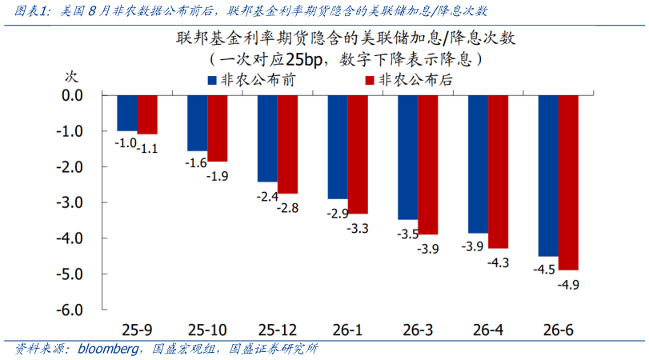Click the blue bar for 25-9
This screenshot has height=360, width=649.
(126, 113)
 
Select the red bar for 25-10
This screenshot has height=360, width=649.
(217, 128)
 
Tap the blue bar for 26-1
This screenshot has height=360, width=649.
(337, 146)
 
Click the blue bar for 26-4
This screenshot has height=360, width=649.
(478, 164)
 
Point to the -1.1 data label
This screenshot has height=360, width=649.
(147, 148)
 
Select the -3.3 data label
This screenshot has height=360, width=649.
(357, 228)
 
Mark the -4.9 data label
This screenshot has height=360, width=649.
(568, 285)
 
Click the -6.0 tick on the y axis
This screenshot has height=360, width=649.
(72, 310)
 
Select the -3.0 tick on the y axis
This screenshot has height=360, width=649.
(72, 202)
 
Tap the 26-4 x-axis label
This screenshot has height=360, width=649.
(487, 329)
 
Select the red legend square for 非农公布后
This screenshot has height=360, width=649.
(369, 81)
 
